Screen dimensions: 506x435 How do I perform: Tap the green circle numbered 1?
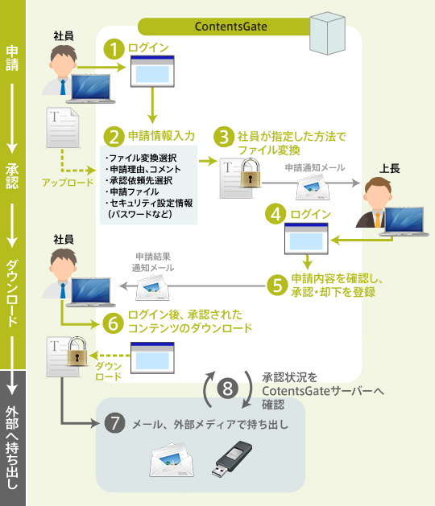click(x=117, y=48)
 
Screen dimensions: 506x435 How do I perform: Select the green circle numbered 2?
click(x=117, y=136)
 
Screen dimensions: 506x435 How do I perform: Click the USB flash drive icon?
click(x=236, y=463)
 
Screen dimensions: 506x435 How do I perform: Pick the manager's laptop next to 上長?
click(x=405, y=224)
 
